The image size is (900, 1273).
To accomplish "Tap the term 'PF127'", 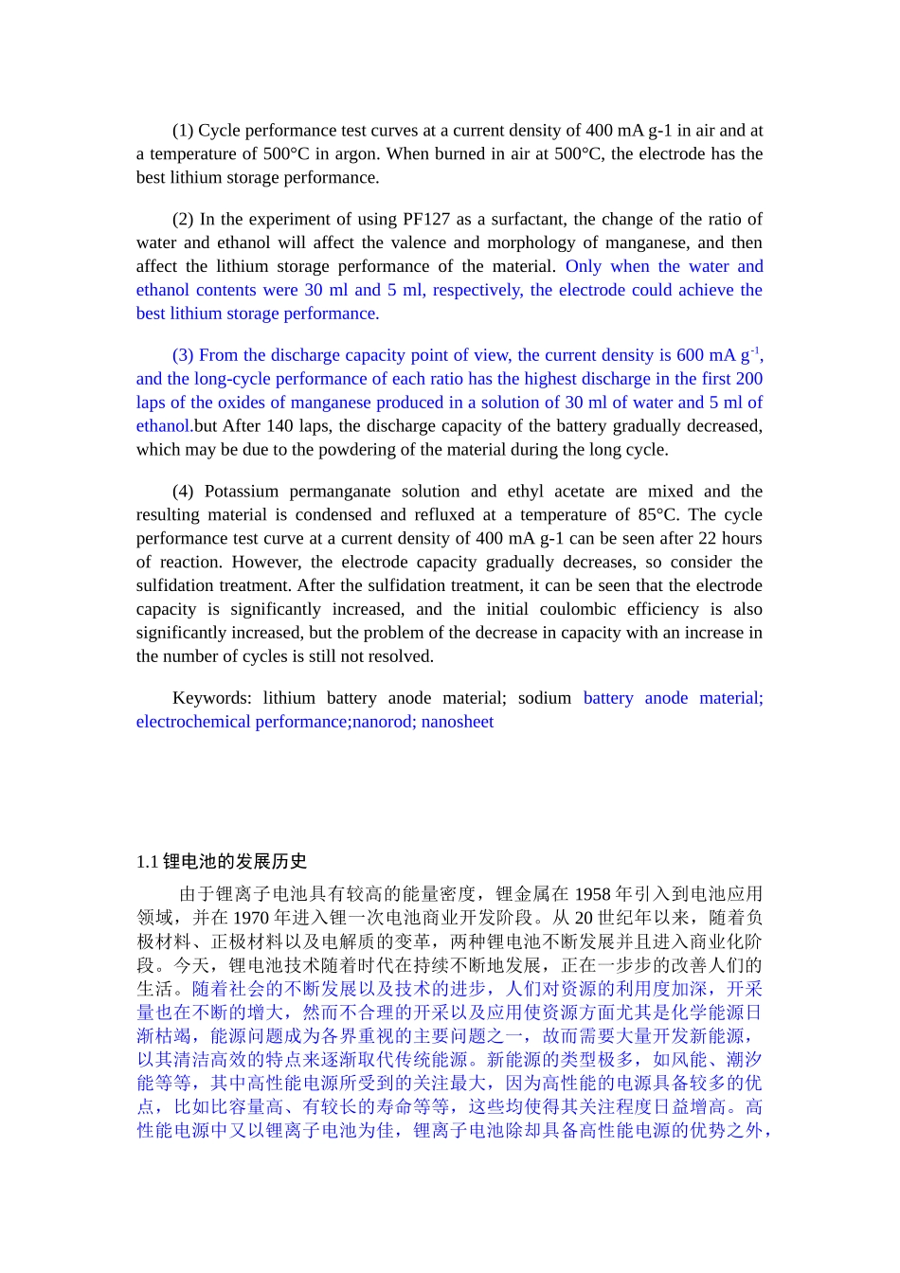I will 425,219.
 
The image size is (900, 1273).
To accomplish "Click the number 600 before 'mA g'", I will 690,355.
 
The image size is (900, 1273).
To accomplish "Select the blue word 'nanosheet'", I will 458,722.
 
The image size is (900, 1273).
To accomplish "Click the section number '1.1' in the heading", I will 147,862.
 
